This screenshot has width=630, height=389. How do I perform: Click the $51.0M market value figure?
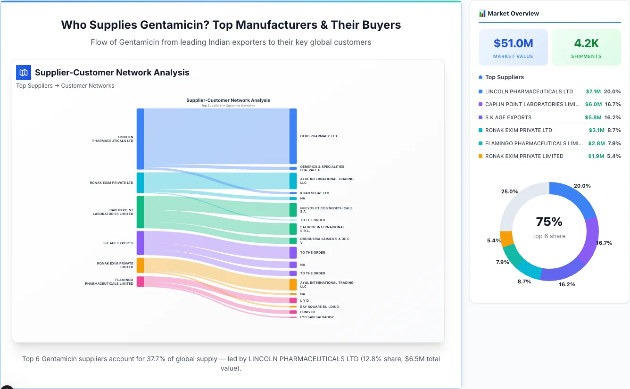click(x=513, y=43)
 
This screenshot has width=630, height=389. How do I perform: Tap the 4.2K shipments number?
click(x=586, y=43)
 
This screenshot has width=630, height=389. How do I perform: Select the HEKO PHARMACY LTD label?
click(x=318, y=136)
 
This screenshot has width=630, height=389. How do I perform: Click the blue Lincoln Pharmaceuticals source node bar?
click(x=140, y=139)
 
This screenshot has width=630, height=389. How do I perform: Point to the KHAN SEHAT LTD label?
click(x=315, y=193)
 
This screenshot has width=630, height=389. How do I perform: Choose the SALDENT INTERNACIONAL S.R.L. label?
click(x=323, y=229)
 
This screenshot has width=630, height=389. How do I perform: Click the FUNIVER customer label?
click(x=307, y=312)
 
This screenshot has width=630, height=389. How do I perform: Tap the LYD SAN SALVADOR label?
click(x=316, y=317)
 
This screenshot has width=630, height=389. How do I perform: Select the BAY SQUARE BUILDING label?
click(x=319, y=307)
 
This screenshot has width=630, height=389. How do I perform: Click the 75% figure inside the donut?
click(x=549, y=222)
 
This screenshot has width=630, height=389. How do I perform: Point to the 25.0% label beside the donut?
click(x=510, y=191)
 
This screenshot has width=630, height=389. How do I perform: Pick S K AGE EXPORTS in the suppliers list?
click(x=508, y=117)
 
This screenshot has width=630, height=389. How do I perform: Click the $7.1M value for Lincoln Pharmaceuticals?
click(x=593, y=91)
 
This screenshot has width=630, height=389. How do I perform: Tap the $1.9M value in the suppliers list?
click(x=596, y=156)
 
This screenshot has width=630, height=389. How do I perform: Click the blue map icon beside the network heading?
click(x=23, y=73)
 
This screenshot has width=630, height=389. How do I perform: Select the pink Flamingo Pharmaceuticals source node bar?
click(x=140, y=281)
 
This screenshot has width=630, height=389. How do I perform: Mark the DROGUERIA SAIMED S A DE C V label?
click(x=324, y=241)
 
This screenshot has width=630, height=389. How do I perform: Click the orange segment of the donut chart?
click(x=506, y=239)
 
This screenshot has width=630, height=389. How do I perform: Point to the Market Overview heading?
click(x=513, y=14)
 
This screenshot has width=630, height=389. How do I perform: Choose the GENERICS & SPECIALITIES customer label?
click(x=322, y=168)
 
